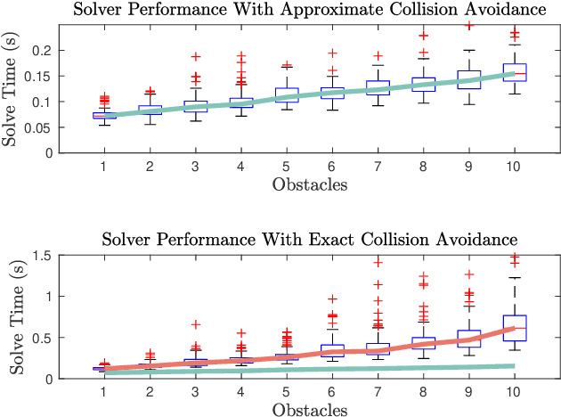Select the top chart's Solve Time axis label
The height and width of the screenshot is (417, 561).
click(x=12, y=90)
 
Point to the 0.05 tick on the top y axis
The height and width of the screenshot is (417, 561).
click(x=40, y=127)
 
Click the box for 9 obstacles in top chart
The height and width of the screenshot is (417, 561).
click(x=468, y=79)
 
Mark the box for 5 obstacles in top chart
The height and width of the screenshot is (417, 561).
click(x=286, y=94)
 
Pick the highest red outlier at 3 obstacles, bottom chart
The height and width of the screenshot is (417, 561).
click(x=195, y=324)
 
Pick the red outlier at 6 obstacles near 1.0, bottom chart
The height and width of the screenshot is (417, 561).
click(x=332, y=299)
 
